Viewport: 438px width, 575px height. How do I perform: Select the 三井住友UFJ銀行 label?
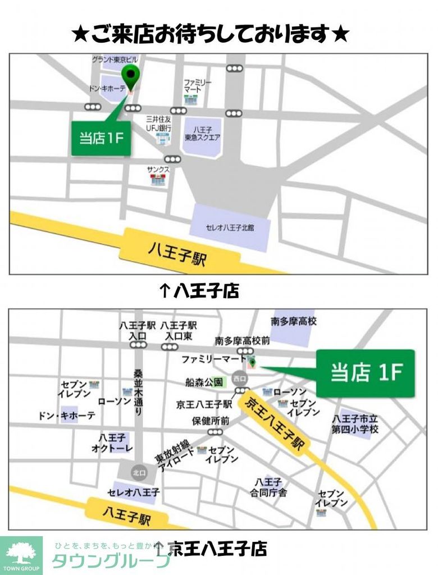coord(158,124)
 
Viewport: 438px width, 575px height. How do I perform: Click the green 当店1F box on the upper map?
coord(101,138)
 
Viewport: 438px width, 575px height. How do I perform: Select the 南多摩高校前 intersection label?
coord(242,341)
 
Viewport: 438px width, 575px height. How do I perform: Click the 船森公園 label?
coord(204,382)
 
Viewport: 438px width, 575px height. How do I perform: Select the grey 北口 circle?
coord(139,472)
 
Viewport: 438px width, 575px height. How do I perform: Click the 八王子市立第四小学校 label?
coord(355,424)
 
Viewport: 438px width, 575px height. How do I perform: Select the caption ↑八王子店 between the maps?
coord(199,290)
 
